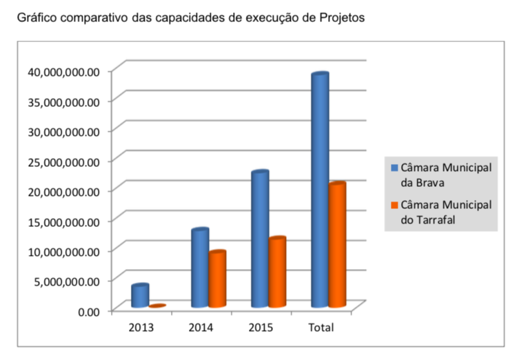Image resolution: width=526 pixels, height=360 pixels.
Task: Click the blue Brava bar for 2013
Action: (x=141, y=296)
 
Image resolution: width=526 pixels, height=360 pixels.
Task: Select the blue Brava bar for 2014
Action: (x=200, y=268)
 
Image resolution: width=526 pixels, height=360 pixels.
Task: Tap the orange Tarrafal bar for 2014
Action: (x=217, y=279)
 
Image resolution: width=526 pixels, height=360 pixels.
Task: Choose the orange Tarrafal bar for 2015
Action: (x=277, y=272)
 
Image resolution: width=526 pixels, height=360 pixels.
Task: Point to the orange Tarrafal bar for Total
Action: (x=337, y=245)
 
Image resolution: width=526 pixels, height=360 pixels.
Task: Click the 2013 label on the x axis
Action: (x=141, y=327)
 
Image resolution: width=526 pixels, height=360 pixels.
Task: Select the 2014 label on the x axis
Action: (x=201, y=327)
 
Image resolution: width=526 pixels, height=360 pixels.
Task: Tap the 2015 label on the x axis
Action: (x=261, y=327)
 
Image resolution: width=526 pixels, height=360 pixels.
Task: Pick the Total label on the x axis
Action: (x=320, y=327)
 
